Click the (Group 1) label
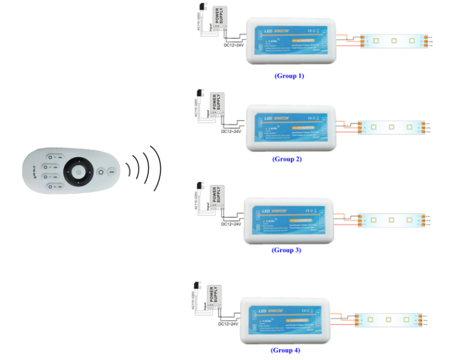289,75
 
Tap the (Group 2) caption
288,159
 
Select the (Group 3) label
286,250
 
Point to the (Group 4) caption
286,349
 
